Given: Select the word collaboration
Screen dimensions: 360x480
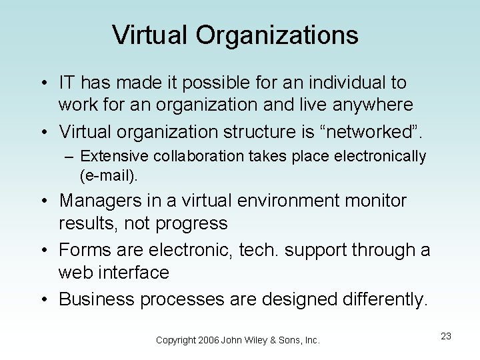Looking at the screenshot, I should click(190, 157).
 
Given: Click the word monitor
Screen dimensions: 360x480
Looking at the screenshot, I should click(377, 200).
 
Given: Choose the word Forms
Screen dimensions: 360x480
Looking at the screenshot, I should click(83, 251).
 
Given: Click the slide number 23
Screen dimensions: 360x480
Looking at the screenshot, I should click(446, 336).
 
